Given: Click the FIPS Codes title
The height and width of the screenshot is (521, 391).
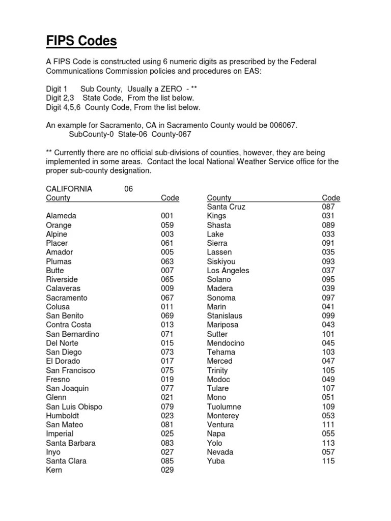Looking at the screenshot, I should [81, 41].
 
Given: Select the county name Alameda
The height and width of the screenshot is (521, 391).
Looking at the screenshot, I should [61, 216].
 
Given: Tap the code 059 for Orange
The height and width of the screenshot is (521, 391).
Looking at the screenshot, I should [167, 225].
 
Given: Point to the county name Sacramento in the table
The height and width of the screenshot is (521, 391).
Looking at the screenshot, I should [67, 298].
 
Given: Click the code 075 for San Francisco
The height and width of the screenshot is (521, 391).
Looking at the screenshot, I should [167, 370].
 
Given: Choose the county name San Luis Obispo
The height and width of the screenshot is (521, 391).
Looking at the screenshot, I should [74, 407].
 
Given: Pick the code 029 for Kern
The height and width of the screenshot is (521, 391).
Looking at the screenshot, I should [167, 470].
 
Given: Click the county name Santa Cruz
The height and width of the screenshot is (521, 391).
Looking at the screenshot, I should [226, 207].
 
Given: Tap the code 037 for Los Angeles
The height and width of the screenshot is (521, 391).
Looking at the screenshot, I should [328, 270].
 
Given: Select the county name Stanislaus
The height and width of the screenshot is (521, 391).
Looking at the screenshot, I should [225, 315].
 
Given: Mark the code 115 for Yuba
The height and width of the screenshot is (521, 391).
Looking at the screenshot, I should [328, 461].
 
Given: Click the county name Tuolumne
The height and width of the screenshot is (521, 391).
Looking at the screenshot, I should [224, 407].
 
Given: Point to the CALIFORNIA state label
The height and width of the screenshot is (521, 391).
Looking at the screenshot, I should [69, 189].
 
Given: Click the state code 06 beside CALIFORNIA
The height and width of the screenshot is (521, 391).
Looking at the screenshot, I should [128, 189].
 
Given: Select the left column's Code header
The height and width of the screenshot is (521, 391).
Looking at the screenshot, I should [170, 198].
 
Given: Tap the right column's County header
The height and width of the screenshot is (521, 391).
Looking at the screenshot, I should [219, 198].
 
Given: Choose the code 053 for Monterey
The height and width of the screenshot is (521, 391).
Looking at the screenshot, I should [328, 416].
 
